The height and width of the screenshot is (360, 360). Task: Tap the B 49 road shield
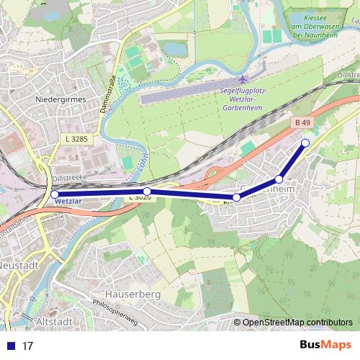point(301,123)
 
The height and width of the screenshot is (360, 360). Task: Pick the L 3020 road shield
point(140,197)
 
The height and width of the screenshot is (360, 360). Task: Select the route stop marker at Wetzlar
point(55,194)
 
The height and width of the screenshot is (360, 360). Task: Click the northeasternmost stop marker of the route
point(305,143)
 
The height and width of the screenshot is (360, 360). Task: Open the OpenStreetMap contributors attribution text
point(297,323)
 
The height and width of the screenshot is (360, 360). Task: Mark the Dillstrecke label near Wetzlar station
point(70,174)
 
